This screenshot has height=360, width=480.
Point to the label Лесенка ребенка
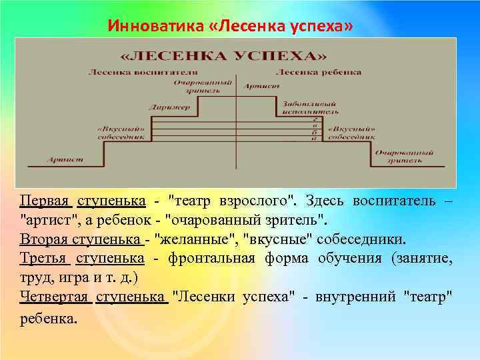319,72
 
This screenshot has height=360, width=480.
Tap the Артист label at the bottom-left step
65,159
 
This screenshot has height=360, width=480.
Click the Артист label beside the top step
256,86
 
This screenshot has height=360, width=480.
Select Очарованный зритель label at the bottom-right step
399,157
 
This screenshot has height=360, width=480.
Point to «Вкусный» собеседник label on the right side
353,131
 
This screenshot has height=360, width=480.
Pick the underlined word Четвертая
54,297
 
